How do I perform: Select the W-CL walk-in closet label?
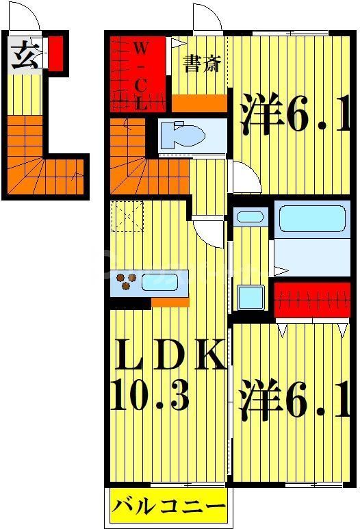[x=140, y=75]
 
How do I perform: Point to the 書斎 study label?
[x=201, y=64]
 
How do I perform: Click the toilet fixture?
[x=185, y=135]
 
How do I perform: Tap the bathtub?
[x=311, y=219]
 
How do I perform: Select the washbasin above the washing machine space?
[x=248, y=218]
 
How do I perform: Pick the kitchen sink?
[x=164, y=281]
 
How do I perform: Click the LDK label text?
[x=168, y=355]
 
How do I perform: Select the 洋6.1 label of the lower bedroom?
[x=294, y=404]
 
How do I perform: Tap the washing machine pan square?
[x=248, y=297]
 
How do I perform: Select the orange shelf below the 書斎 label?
[x=198, y=103]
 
